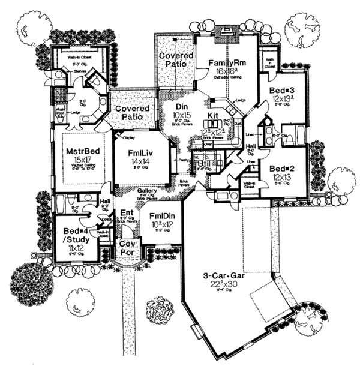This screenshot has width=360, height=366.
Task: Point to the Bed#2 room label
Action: click(280, 169)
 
